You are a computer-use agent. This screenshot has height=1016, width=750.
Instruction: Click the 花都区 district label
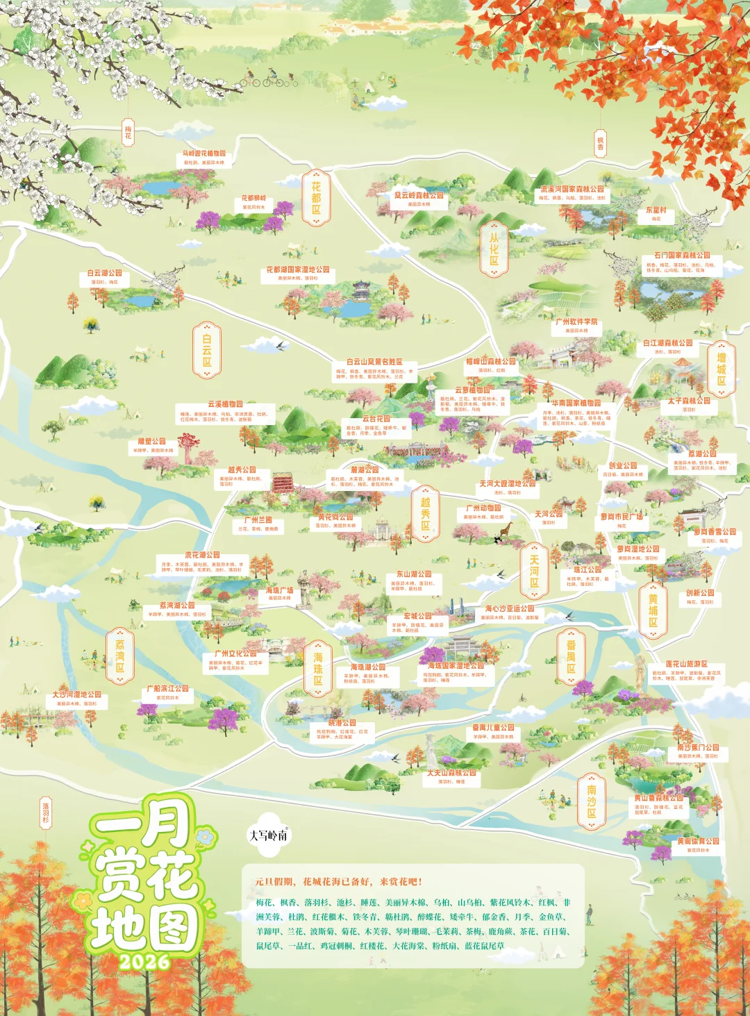coord(316,198)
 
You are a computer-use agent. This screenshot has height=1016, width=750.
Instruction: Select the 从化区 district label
coord(494,249)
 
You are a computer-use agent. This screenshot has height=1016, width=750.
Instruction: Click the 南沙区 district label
coord(591,801)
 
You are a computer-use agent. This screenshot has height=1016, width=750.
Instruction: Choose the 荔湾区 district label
coord(120,656)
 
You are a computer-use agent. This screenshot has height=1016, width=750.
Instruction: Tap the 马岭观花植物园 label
coord(204,153)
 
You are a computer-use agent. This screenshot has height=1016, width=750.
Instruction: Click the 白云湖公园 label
coord(105,273)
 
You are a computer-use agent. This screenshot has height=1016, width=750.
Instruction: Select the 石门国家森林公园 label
coord(682,256)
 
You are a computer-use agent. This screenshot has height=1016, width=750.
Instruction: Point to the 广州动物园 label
coord(483,508)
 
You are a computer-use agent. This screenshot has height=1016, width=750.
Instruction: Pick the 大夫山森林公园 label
coord(451,772)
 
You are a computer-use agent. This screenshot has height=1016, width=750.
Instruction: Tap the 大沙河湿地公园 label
coord(76,694)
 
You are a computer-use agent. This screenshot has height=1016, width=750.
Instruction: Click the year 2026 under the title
coord(144,962)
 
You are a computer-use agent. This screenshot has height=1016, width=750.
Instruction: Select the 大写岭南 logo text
coord(268,835)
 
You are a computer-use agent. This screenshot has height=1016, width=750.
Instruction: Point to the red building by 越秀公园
coord(283,483)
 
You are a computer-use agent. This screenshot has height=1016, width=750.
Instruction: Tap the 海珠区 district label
coord(318,668)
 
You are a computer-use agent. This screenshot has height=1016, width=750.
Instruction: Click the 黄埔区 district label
coord(653,610)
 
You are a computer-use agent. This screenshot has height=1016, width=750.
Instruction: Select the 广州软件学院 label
coord(576,322)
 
